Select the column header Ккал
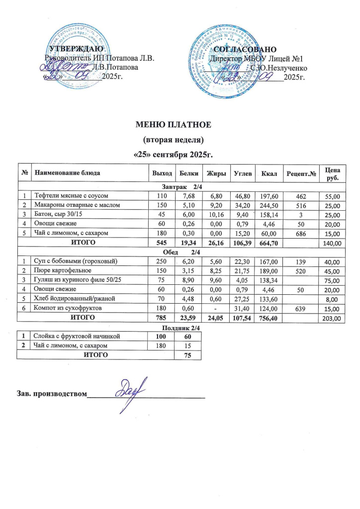click(267, 173)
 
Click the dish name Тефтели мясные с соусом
click(76, 196)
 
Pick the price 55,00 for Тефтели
click(331, 196)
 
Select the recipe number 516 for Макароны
click(299, 205)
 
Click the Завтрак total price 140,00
click(330, 243)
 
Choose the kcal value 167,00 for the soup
click(267, 261)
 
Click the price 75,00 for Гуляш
click(331, 280)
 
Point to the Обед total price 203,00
click(330, 318)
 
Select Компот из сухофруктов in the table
click(68, 308)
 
